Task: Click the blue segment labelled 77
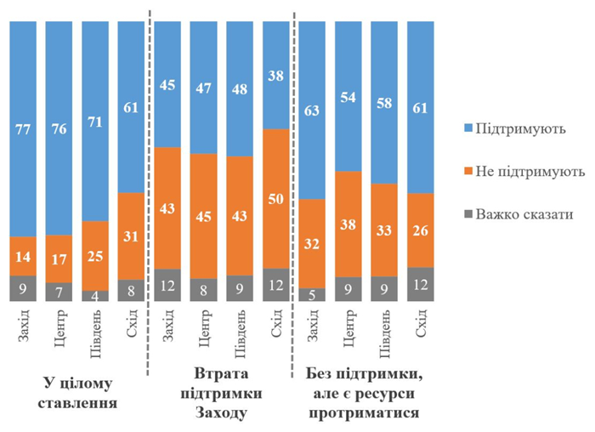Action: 23,128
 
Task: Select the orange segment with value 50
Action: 276,198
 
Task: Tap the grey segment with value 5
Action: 313,294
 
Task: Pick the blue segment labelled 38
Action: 276,75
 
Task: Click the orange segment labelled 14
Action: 23,256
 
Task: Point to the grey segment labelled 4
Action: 95,296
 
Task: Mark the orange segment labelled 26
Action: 421,230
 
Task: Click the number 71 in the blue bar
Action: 95,121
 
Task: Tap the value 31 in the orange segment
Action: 132,236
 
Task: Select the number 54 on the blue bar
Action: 348,96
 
